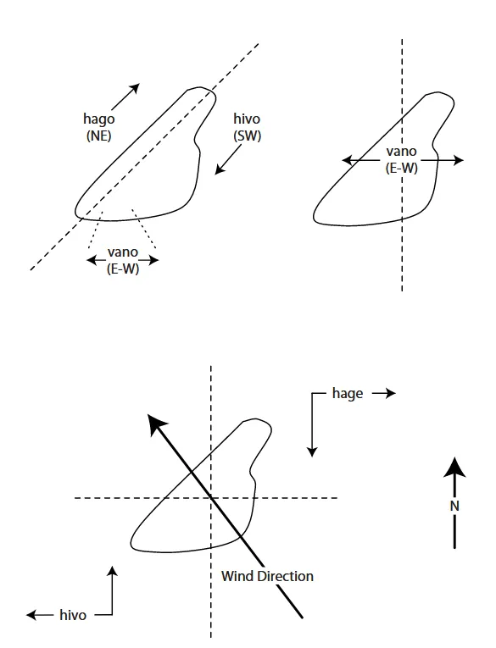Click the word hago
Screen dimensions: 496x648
[x=99, y=119]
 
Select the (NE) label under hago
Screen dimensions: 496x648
[x=99, y=136]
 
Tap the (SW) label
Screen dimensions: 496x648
[x=248, y=136]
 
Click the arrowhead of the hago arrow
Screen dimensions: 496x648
[x=135, y=88]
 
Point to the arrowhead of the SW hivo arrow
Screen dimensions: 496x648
[x=220, y=169]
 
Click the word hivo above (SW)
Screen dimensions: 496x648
[x=247, y=119]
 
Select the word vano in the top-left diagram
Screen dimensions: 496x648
[x=123, y=252]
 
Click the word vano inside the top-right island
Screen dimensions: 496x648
[x=401, y=152]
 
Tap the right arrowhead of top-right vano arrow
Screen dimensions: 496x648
[x=459, y=160]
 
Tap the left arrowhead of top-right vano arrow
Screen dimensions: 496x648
[x=348, y=160]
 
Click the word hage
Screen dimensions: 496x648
[x=348, y=393]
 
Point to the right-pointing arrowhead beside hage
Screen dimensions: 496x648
[x=391, y=393]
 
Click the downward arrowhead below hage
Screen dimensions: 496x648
[x=312, y=451]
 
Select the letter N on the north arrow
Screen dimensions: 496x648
[x=454, y=506]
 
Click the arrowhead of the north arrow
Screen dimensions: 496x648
[x=454, y=468]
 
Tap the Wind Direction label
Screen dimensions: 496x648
[x=267, y=576]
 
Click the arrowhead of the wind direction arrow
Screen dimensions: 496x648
[x=156, y=424]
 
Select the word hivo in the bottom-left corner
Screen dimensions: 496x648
[x=73, y=615]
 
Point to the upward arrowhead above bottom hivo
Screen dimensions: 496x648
[x=112, y=571]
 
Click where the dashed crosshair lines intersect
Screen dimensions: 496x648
[x=211, y=498]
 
